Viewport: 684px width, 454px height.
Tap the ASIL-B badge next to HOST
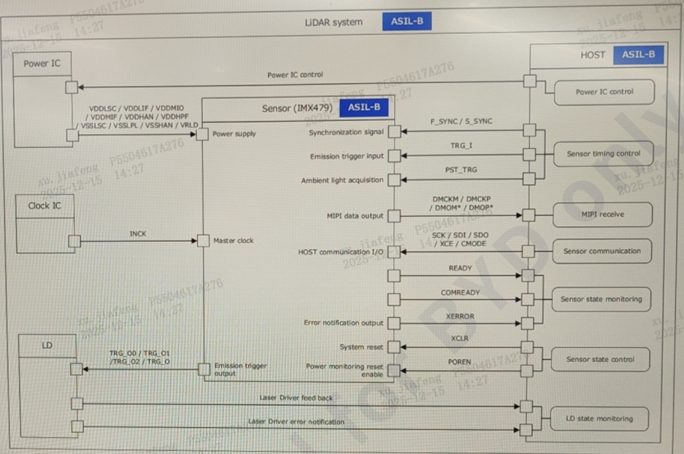click(x=639, y=55)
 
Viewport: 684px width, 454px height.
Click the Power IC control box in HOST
click(x=604, y=92)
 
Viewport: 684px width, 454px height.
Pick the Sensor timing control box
click(x=603, y=154)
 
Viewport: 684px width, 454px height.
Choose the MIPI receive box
click(x=602, y=215)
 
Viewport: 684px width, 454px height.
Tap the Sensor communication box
click(x=602, y=251)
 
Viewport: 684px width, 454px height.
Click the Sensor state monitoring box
click(x=602, y=299)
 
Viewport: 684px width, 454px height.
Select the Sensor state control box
click(x=601, y=359)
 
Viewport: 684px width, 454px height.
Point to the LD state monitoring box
click(x=600, y=419)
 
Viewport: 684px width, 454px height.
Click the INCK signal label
click(x=137, y=234)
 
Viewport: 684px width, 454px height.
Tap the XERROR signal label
click(x=460, y=317)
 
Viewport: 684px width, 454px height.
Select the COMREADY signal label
click(x=460, y=293)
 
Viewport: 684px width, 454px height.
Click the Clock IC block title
click(x=45, y=206)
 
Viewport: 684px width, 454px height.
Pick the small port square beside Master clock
click(x=203, y=241)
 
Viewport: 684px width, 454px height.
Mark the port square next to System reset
click(x=394, y=347)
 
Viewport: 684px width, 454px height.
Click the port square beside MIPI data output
click(x=394, y=216)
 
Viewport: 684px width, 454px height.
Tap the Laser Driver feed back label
click(x=296, y=398)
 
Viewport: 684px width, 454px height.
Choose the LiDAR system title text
click(x=334, y=22)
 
